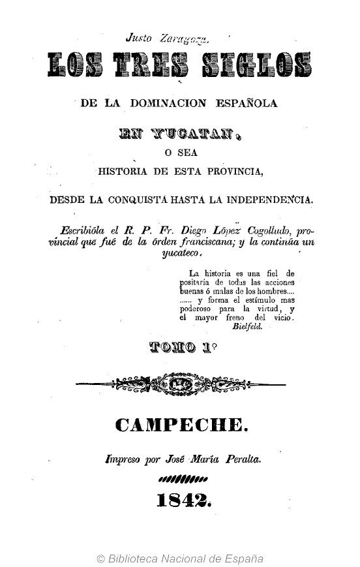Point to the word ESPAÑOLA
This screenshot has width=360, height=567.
[x=250, y=103]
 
